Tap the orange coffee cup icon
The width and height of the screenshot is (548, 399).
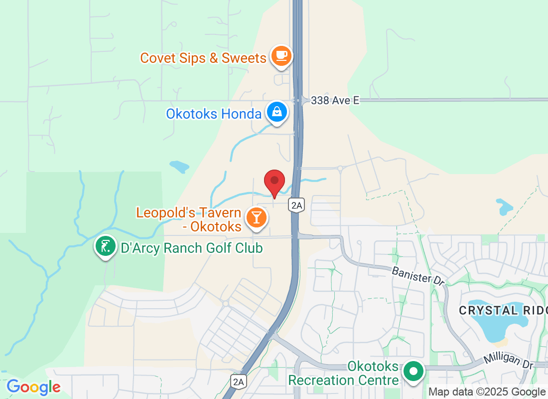(x=281, y=55)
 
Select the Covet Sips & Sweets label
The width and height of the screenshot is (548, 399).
(x=203, y=58)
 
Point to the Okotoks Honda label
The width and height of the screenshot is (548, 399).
(x=214, y=114)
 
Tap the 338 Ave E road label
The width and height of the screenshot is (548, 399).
(x=335, y=101)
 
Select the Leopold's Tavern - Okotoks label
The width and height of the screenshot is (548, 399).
(x=189, y=219)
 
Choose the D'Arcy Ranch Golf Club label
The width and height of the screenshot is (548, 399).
(x=191, y=247)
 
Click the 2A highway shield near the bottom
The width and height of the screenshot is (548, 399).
(x=239, y=382)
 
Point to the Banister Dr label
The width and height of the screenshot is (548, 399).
(x=417, y=276)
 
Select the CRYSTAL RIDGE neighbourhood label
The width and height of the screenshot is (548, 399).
(x=503, y=310)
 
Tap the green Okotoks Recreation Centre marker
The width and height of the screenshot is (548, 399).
(x=413, y=372)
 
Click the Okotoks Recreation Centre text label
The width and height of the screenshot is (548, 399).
(x=344, y=374)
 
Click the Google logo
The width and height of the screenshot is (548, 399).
(x=34, y=387)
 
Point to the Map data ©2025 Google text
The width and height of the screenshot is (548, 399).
(x=487, y=392)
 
